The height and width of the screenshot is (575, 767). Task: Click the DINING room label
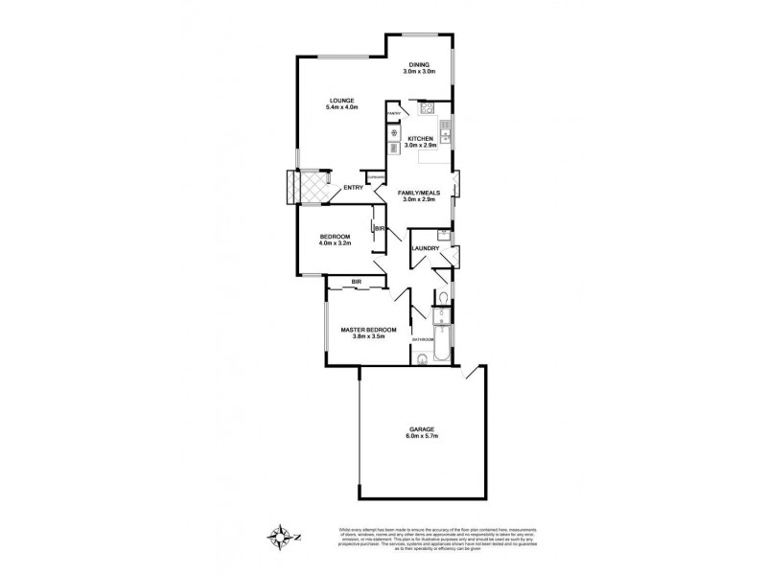(419, 65)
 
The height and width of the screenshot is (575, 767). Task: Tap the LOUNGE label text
(342, 101)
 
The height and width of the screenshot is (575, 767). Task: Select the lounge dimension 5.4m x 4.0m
(342, 108)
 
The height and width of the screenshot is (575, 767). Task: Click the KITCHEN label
(421, 139)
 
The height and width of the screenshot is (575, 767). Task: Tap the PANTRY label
(393, 114)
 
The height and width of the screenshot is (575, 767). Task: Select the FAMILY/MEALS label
(419, 194)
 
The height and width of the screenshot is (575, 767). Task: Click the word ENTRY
(353, 188)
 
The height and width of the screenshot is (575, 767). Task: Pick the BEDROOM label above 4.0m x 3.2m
(335, 236)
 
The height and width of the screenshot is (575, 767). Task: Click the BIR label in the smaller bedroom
(380, 229)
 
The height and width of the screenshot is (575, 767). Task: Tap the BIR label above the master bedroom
(356, 281)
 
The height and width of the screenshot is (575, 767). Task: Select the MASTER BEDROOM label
(369, 330)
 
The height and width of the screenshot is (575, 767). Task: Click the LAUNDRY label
(426, 249)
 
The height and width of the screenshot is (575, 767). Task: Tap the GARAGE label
(421, 428)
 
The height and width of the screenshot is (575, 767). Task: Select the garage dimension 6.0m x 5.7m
(421, 437)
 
